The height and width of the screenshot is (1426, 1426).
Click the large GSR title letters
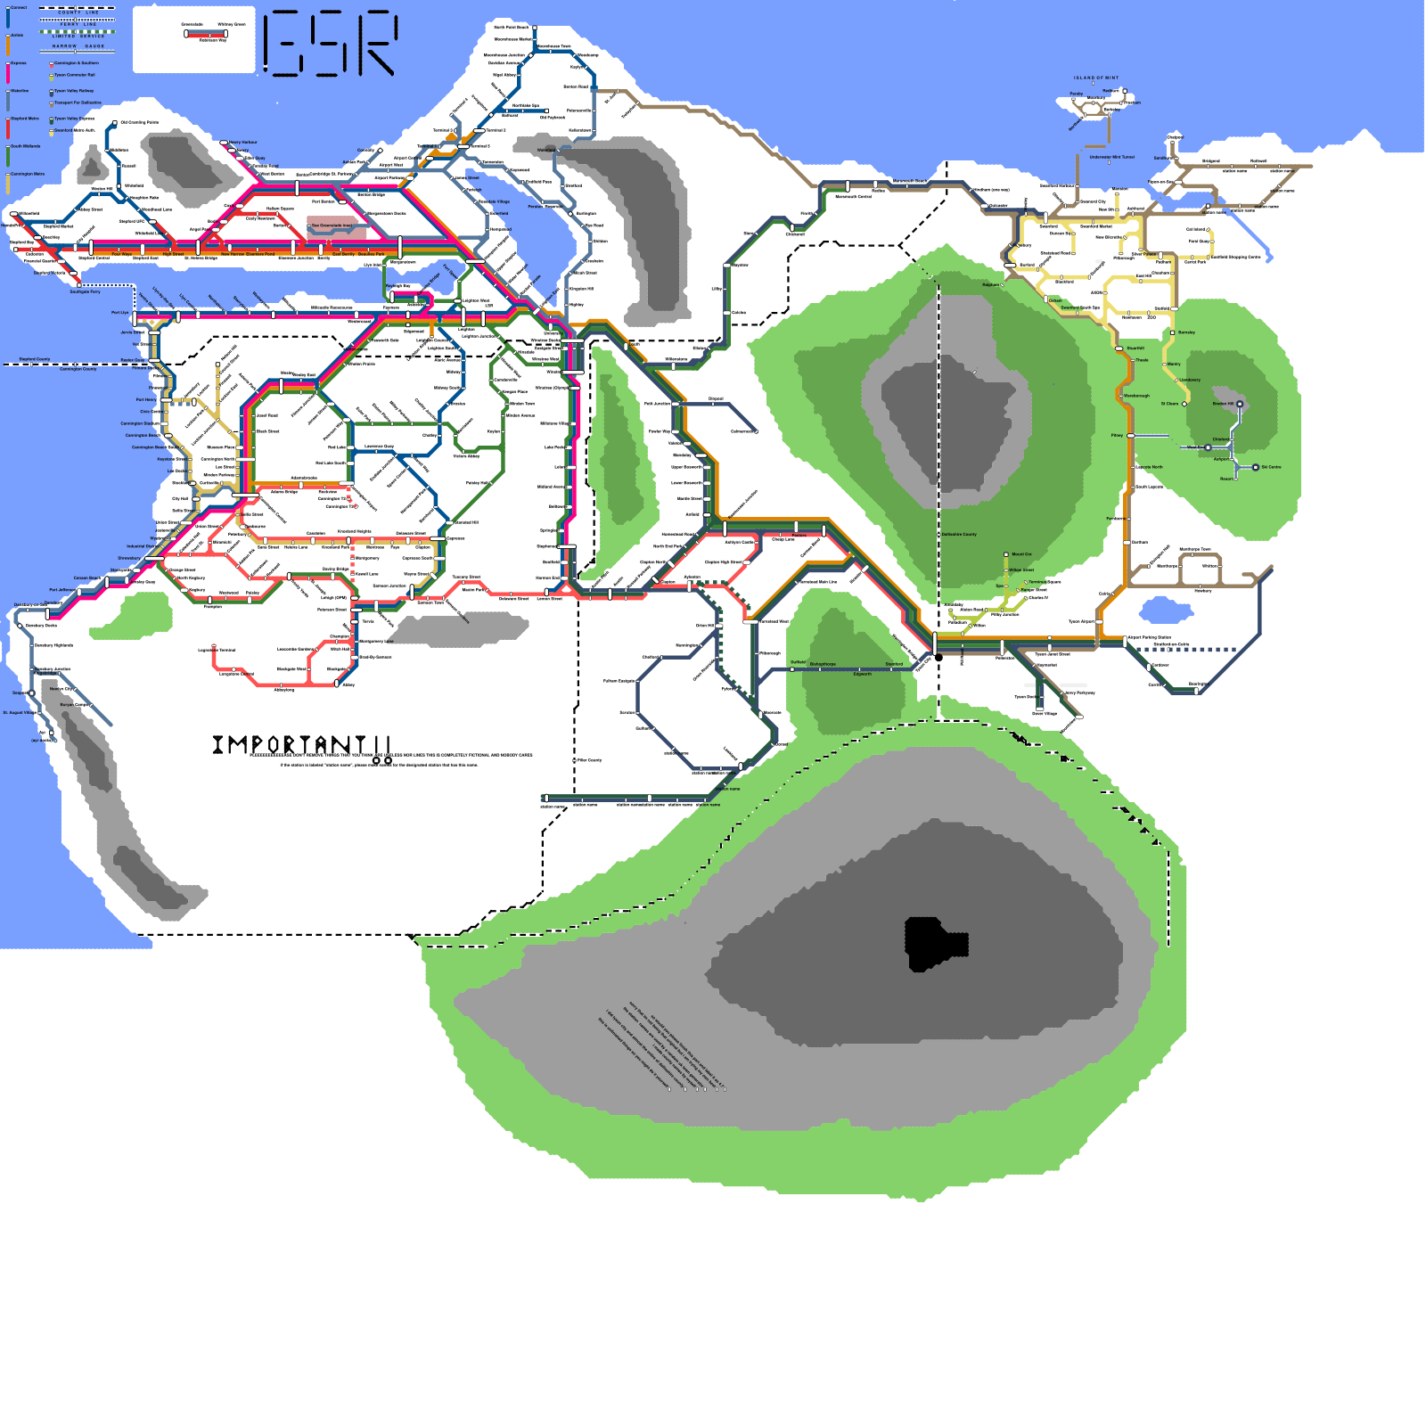coord(331,42)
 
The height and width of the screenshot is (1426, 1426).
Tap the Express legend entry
coord(18,63)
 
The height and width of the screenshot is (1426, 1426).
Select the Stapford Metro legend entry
coord(24,119)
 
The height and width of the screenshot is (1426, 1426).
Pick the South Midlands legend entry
coord(25,146)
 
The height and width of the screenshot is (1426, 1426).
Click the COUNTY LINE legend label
coord(78,13)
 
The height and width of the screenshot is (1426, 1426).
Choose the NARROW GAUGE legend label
coord(78,45)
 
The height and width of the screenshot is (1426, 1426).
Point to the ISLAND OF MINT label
coord(1095,78)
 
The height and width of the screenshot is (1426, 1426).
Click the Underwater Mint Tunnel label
coord(1111,157)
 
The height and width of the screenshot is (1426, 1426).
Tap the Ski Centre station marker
coord(1256,467)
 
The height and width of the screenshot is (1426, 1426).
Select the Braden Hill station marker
coord(1240,404)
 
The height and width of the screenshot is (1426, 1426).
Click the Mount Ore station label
coord(1021,554)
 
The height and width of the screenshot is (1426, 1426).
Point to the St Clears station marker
coord(1184,404)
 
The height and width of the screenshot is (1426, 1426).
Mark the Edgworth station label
coord(862,674)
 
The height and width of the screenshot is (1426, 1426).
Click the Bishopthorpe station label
coord(823,664)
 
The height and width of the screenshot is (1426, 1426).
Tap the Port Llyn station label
coord(119,313)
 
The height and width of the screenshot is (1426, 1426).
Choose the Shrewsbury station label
coord(128,559)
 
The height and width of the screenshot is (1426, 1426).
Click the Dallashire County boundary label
coord(959,535)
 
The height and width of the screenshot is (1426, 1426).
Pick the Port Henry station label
coord(145,399)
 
